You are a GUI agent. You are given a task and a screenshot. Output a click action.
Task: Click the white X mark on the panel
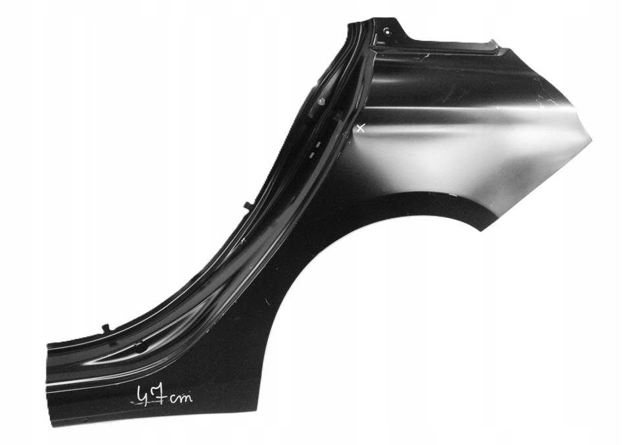point(360,128)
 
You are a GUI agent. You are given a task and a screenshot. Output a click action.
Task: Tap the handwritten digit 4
point(143,395)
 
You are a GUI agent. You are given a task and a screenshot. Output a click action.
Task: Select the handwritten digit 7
point(159,394)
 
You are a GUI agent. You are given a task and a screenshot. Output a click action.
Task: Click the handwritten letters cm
point(180,397)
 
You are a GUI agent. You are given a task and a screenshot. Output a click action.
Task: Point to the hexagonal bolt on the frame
point(321,101)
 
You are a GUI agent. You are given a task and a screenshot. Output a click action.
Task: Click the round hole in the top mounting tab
point(386,31)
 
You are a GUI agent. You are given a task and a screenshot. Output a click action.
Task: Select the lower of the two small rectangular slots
point(312,154)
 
